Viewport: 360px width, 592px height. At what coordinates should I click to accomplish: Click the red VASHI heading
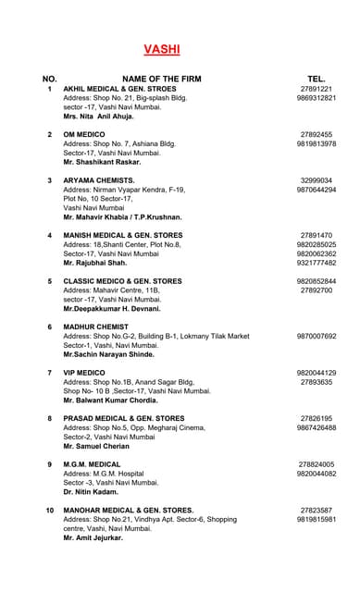click(x=162, y=49)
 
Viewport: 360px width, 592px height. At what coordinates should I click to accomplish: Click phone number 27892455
click(x=316, y=135)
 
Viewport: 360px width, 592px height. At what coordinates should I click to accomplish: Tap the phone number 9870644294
click(x=316, y=190)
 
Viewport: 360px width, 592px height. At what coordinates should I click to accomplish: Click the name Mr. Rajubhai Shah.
click(x=95, y=263)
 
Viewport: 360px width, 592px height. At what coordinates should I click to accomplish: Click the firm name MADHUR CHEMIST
click(x=96, y=327)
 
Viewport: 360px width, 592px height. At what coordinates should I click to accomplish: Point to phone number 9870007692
click(x=316, y=336)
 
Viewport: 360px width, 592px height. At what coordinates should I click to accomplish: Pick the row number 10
click(x=49, y=510)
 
